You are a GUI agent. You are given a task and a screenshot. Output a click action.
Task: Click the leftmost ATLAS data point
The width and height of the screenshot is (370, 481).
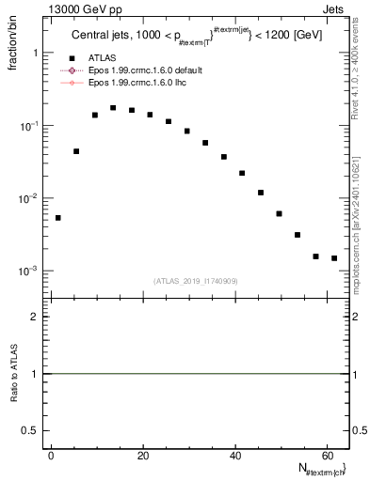click(x=57, y=218)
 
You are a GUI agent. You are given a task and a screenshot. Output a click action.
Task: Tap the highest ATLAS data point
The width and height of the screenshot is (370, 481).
click(x=113, y=108)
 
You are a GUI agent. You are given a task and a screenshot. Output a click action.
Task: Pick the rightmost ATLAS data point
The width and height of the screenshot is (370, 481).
click(x=334, y=257)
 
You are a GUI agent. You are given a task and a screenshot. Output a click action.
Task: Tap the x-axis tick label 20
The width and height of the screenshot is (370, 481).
click(x=142, y=455)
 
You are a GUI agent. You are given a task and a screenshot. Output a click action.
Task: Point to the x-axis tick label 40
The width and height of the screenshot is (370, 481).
click(x=233, y=455)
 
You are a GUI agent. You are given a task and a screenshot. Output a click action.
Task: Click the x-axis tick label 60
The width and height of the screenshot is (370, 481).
click(x=326, y=455)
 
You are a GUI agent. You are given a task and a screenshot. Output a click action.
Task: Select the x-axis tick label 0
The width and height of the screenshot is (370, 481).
click(x=51, y=455)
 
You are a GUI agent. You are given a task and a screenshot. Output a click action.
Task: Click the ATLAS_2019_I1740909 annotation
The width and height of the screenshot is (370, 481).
click(x=196, y=280)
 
